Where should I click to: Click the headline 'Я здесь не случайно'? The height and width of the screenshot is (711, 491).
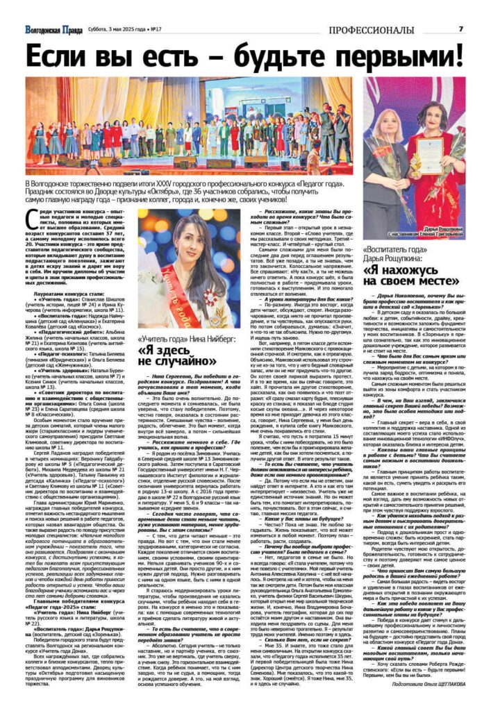pos(177,355)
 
